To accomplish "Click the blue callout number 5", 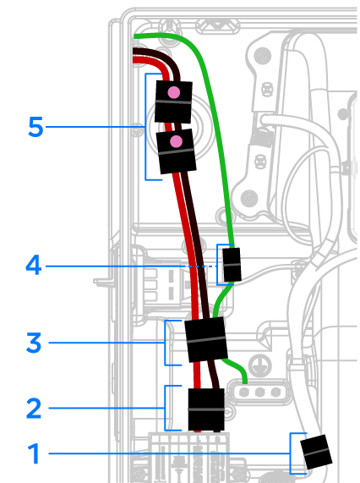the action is click(x=35, y=127).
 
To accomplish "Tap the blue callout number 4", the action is click(x=34, y=265).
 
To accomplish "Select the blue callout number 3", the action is click(x=34, y=343).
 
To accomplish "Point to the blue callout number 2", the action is click(x=34, y=408).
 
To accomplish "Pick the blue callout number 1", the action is click(x=34, y=453).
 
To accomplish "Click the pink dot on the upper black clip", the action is click(x=174, y=92).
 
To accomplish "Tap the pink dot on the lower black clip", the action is click(x=176, y=142).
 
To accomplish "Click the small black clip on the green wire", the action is click(x=232, y=265).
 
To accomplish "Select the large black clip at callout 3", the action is click(x=206, y=339).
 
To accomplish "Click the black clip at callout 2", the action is click(x=206, y=409).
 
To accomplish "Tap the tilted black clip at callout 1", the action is click(x=316, y=452).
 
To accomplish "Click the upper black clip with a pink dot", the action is click(x=173, y=102).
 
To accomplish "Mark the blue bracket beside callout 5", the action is click(x=145, y=127).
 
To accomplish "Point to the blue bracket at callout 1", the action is click(x=291, y=453).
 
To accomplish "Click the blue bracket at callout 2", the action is click(x=166, y=408).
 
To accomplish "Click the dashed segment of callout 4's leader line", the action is click(x=200, y=266).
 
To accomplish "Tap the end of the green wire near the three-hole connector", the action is click(x=245, y=382).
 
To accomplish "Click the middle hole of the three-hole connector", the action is click(x=260, y=392).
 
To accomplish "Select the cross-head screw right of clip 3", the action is click(x=259, y=365).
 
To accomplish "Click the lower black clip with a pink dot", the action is click(x=177, y=151).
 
